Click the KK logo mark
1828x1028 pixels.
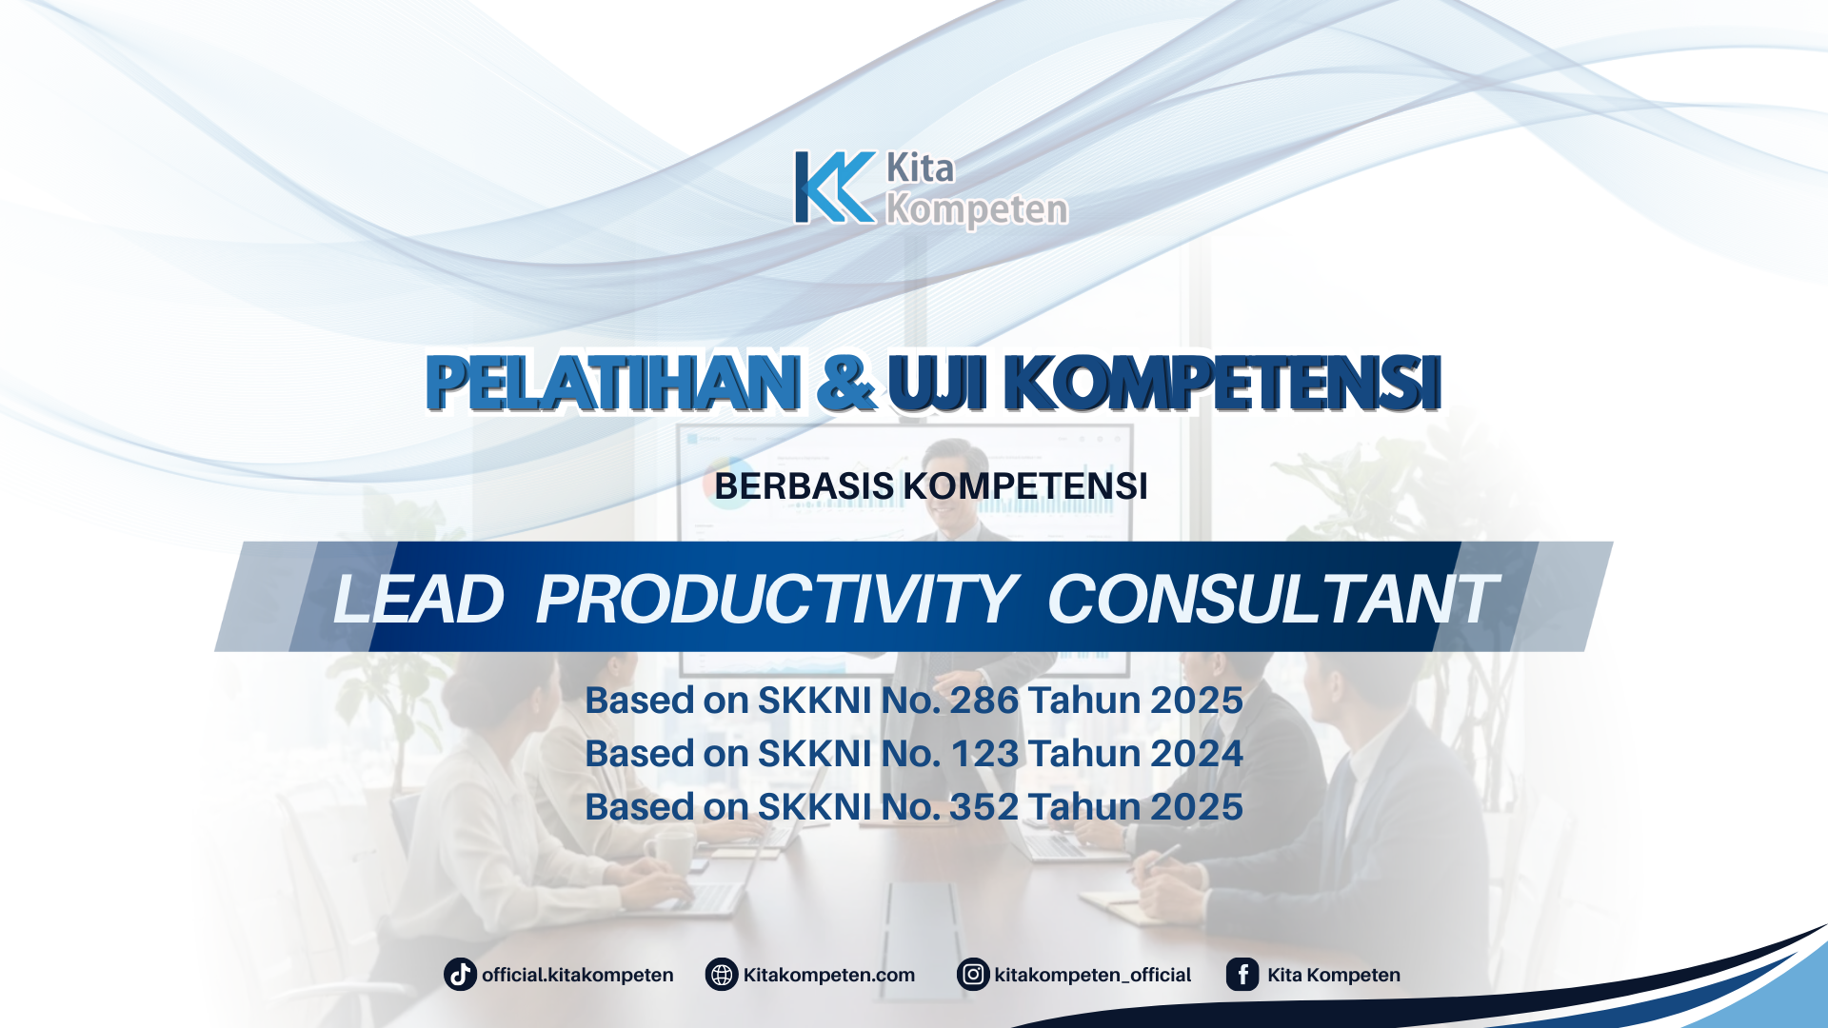(835, 188)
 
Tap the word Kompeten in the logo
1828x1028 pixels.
(977, 209)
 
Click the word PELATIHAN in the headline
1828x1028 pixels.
(612, 383)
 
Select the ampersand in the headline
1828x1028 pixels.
(845, 383)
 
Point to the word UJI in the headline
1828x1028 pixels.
(937, 383)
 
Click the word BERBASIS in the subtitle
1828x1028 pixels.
(804, 486)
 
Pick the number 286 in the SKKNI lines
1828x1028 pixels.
(984, 701)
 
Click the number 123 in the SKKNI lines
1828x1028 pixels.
(984, 754)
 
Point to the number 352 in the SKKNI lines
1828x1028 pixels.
(984, 807)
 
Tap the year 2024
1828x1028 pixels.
(1196, 754)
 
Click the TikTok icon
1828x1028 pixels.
(460, 975)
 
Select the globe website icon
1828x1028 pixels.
(722, 975)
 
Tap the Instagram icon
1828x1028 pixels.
(973, 975)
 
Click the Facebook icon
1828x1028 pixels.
(1242, 975)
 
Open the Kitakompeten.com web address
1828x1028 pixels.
(828, 975)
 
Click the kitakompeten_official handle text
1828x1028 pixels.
(1092, 975)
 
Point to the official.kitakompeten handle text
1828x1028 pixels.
(577, 975)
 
